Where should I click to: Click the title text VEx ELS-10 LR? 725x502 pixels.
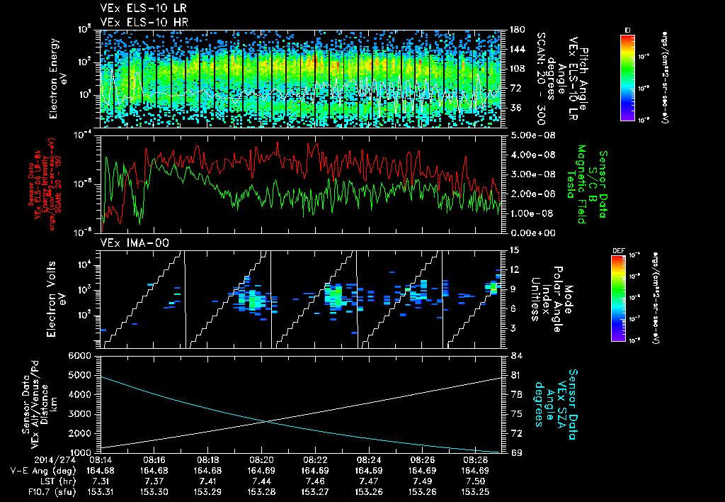132,9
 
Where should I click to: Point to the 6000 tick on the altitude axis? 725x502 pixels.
82,355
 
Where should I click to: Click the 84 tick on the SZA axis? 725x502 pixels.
515,355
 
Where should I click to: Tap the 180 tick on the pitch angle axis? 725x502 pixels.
515,29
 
